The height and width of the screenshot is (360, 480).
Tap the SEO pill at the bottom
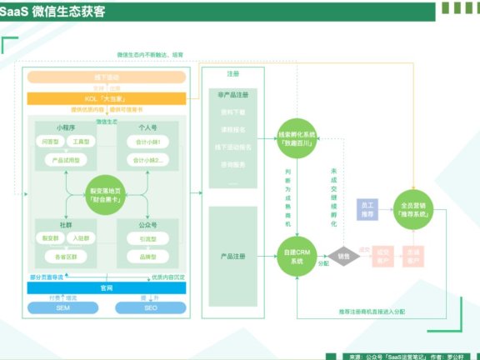150,308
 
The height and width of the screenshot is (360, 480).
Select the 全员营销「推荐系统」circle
414,210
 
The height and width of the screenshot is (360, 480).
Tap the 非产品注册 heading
232,96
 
